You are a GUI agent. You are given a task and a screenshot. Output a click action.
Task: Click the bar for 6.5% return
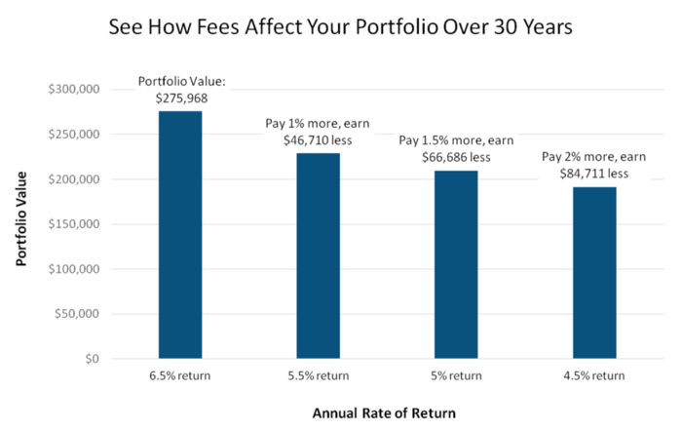click(x=180, y=235)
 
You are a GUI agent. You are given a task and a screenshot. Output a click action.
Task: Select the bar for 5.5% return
click(x=319, y=255)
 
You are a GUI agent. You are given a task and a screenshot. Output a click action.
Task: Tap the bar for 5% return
click(x=456, y=264)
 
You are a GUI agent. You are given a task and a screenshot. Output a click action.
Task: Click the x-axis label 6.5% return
click(x=180, y=375)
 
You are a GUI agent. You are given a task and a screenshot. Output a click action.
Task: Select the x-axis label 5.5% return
click(x=319, y=375)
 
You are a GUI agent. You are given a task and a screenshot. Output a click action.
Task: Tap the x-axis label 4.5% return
click(x=594, y=375)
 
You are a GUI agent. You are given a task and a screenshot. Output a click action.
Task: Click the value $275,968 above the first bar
click(x=180, y=98)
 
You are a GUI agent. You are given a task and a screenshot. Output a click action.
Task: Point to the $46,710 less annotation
click(x=318, y=140)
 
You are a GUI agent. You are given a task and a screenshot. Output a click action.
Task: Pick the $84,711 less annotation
click(x=594, y=174)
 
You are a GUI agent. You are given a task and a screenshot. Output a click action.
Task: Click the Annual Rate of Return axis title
click(x=384, y=412)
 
